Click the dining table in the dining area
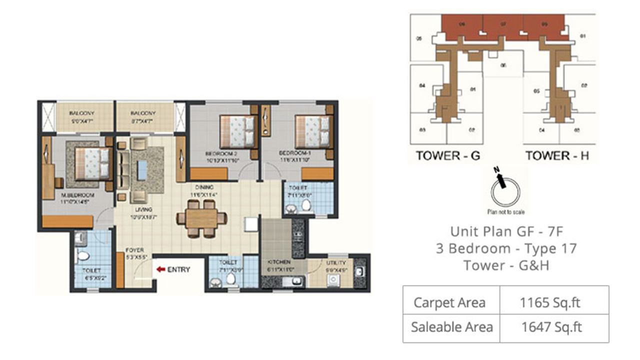[x=201, y=218]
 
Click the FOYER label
[x=135, y=250]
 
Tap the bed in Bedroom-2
[x=237, y=131]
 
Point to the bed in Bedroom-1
[x=313, y=131]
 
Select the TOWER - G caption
[x=447, y=155]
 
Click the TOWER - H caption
[x=557, y=155]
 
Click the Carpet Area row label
[x=449, y=302]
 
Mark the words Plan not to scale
[x=506, y=212]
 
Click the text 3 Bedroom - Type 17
[x=506, y=248]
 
